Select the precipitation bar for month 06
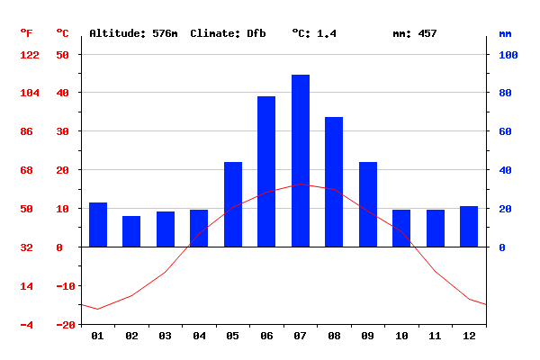(266, 171)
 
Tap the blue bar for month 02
(131, 231)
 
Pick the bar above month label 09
(368, 204)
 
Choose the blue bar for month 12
(469, 226)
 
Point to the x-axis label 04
(199, 336)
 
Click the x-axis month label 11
(436, 336)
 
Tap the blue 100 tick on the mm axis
(508, 55)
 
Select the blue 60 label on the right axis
(506, 131)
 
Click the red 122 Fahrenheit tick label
(30, 55)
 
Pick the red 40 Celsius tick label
(62, 93)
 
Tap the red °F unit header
(27, 33)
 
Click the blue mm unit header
(505, 33)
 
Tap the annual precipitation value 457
(427, 33)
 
